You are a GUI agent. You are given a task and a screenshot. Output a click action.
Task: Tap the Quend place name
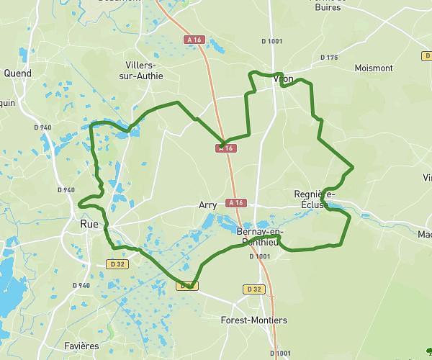point(18,73)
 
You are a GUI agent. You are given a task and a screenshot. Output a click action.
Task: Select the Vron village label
point(283,80)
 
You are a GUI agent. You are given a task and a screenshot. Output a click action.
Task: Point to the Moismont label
point(374,68)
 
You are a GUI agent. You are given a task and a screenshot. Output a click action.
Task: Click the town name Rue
point(89,225)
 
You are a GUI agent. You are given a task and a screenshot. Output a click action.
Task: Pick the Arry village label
point(207,205)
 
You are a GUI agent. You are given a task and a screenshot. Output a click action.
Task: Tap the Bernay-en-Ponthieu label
point(261,236)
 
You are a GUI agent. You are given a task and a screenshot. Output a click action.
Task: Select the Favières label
point(81,346)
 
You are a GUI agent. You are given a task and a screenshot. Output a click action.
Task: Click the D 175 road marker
point(328,58)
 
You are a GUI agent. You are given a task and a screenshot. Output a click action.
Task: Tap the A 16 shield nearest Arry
point(235,203)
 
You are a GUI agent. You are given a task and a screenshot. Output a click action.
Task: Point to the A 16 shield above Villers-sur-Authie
point(192,39)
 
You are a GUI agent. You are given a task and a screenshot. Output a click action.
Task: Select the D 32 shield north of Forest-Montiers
point(253,289)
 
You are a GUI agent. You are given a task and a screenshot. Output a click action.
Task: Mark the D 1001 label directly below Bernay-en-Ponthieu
point(260,256)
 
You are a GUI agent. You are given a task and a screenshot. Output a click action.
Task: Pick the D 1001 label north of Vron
point(274,41)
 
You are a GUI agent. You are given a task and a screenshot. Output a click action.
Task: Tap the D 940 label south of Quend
point(43,127)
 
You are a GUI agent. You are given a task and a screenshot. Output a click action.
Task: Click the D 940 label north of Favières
point(81,285)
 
